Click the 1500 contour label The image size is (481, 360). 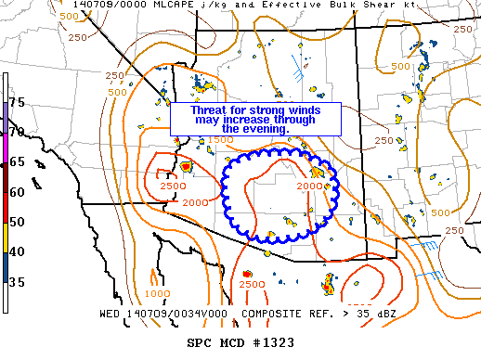(x=219, y=139)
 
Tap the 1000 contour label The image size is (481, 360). (x=157, y=293)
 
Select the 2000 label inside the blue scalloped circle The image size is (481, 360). (x=308, y=186)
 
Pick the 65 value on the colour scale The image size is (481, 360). (x=17, y=161)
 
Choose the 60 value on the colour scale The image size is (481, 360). (x=17, y=192)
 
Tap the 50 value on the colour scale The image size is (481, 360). (x=17, y=222)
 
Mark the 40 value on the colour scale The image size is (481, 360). (x=17, y=252)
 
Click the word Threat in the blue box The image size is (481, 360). (x=209, y=109)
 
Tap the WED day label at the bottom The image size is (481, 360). (x=110, y=314)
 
